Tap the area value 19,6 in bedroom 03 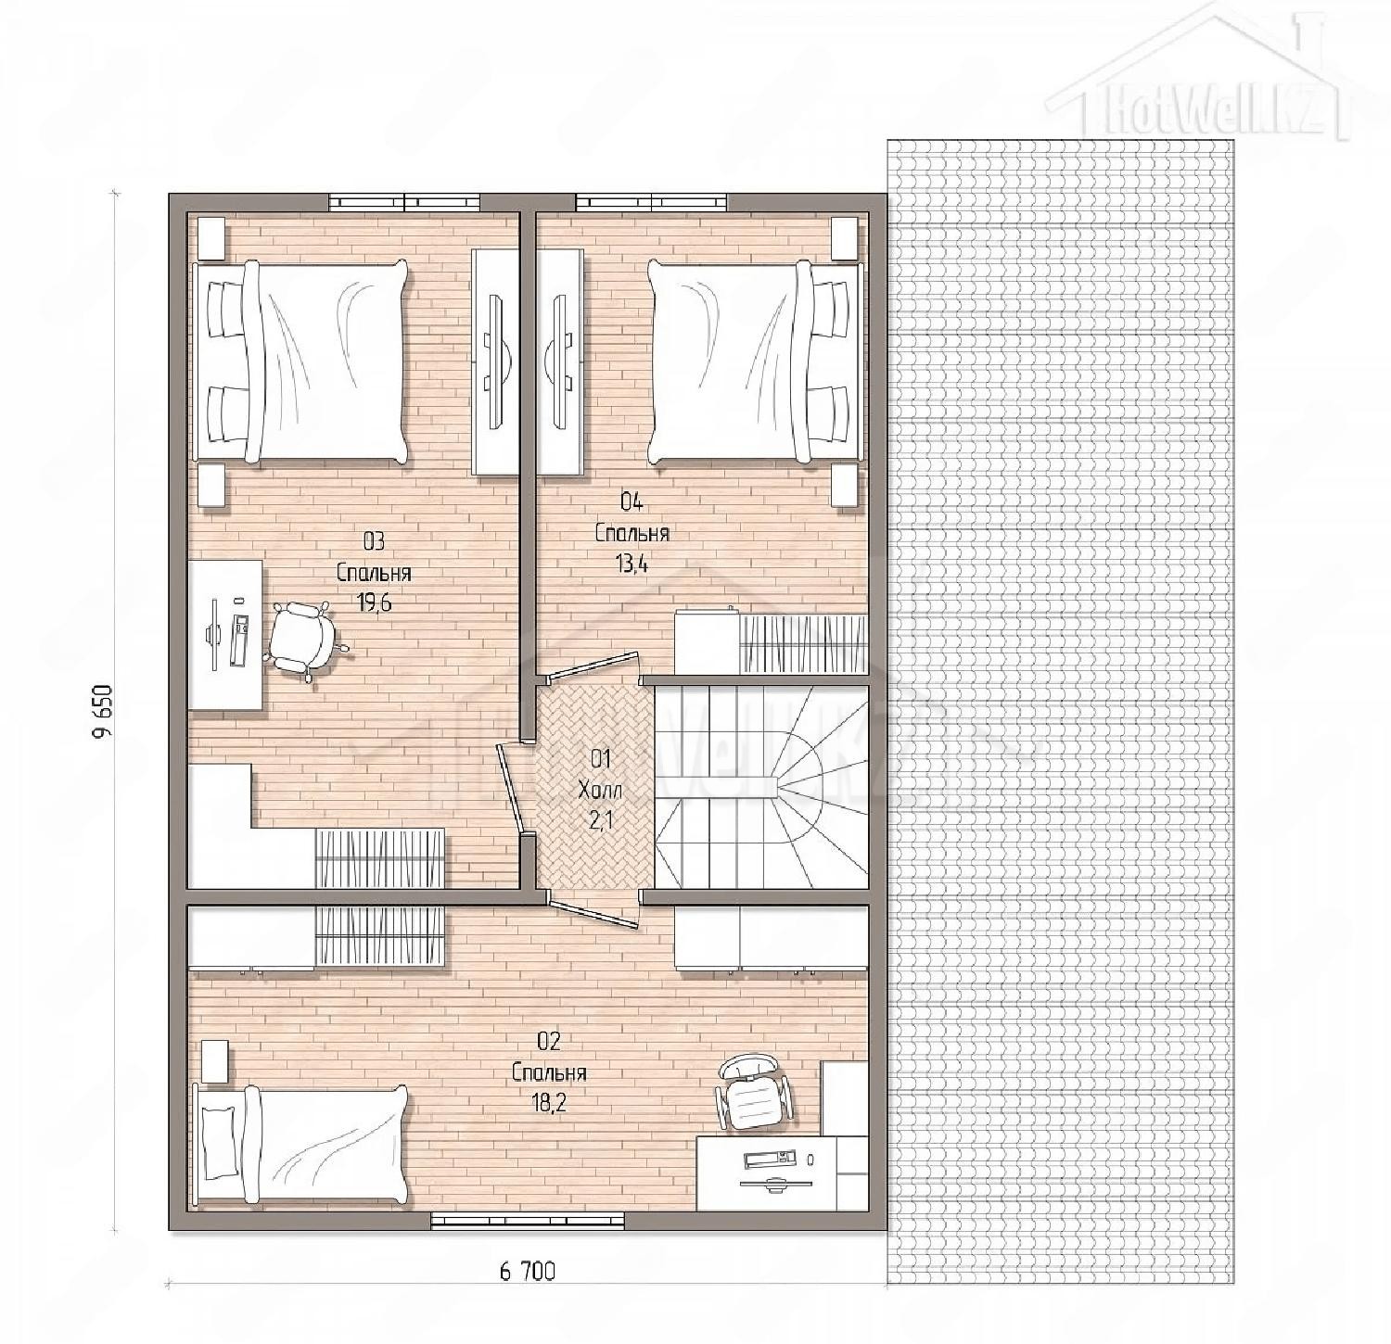tap(374, 603)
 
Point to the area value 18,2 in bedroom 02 tap(549, 1104)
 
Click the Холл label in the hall tap(601, 790)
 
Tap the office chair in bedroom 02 tap(752, 1092)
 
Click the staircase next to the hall tap(760, 787)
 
